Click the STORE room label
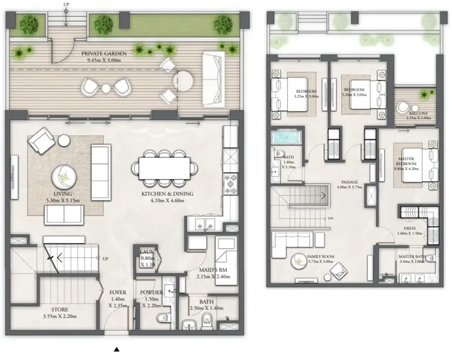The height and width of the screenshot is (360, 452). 59,310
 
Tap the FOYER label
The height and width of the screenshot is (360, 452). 118,293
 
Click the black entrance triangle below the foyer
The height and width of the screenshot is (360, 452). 117,350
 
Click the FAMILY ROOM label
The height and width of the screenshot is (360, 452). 320,256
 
